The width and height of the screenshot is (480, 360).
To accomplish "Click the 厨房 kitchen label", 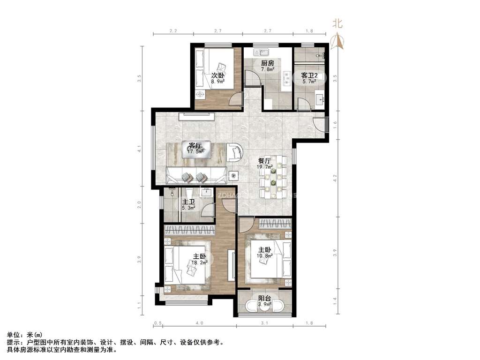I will point(267,63).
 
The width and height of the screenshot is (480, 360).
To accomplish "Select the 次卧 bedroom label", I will point(217,75).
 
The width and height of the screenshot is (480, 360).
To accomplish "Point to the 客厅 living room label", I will point(195,145).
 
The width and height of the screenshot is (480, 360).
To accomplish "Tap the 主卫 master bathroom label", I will point(188,201).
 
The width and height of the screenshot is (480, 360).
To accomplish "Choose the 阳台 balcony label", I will point(265,298).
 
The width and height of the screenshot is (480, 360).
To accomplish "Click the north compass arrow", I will point(337,41).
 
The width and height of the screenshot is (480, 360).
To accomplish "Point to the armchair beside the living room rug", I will point(235,151).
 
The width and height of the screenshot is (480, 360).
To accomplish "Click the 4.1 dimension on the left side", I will point(139,150).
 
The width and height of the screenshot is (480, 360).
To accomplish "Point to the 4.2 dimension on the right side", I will point(335,178).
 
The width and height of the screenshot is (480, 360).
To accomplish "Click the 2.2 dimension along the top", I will point(172,31).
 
